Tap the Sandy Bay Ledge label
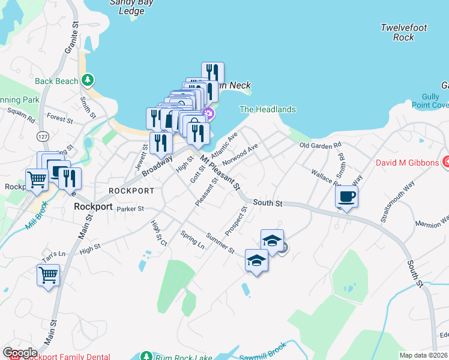pyautogui.click(x=131, y=7)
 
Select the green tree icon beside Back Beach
pyautogui.click(x=88, y=80)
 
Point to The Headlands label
pyautogui.click(x=268, y=109)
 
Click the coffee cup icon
pyautogui.click(x=347, y=196)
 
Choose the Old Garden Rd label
pyautogui.click(x=320, y=145)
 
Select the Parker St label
pyautogui.click(x=130, y=209)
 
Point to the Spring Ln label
pyautogui.click(x=192, y=240)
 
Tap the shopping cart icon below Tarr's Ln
pyautogui.click(x=48, y=275)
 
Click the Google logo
pyautogui.click(x=20, y=353)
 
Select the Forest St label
pyautogui.click(x=59, y=119)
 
